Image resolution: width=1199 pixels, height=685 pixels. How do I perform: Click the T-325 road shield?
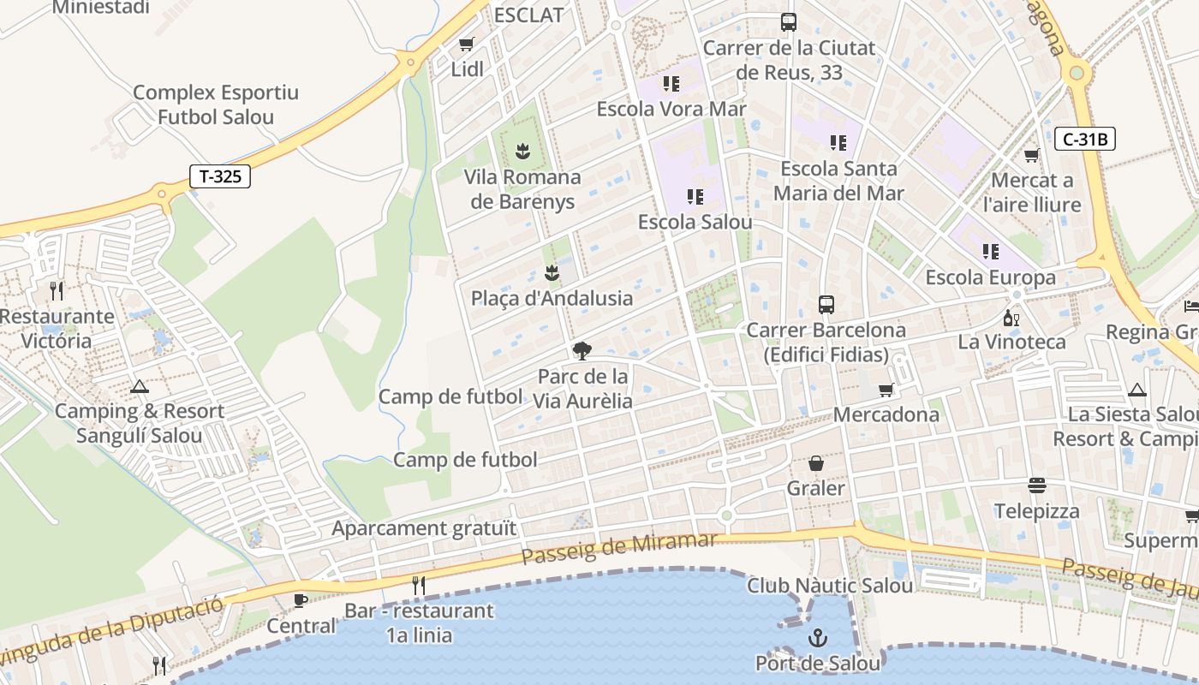click(x=220, y=177)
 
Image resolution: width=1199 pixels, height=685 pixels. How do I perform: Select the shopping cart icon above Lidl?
click(x=466, y=44)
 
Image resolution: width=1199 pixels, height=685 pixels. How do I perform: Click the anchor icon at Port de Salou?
click(x=817, y=638)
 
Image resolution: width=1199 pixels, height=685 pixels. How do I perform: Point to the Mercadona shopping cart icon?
click(x=886, y=390)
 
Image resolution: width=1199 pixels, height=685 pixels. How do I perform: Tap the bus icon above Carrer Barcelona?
click(x=826, y=304)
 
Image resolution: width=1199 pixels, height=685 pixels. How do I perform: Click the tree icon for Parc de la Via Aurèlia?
click(x=582, y=350)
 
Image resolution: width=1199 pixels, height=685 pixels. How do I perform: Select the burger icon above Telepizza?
click(x=1037, y=485)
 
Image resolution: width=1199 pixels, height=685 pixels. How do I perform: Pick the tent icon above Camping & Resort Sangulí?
click(x=139, y=386)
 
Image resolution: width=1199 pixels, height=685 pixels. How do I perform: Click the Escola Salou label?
click(x=695, y=223)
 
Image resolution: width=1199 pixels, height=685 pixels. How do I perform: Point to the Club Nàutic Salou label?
click(x=830, y=586)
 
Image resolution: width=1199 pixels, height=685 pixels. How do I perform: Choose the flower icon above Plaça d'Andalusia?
click(x=552, y=273)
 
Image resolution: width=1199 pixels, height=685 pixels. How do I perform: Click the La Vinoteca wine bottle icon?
click(x=1011, y=318)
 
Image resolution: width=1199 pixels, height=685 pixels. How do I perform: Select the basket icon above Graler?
click(x=816, y=463)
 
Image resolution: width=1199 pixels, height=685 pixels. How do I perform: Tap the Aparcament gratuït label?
click(x=424, y=528)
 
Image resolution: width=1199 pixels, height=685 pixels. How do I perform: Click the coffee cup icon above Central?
click(x=301, y=600)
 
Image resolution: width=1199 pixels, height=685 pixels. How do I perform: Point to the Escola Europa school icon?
click(x=990, y=252)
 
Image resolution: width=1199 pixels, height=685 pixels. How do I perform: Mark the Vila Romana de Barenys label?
click(x=522, y=189)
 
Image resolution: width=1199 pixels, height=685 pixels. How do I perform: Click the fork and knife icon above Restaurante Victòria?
click(x=57, y=291)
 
